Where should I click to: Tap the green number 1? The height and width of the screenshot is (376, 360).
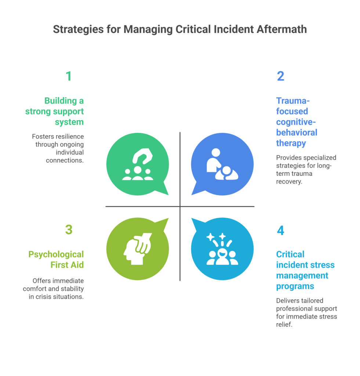pyautogui.click(x=69, y=76)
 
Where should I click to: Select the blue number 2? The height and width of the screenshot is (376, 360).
pyautogui.click(x=280, y=76)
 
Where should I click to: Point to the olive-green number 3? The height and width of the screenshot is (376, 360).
pyautogui.click(x=69, y=230)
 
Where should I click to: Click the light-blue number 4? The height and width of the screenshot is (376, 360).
pyautogui.click(x=280, y=231)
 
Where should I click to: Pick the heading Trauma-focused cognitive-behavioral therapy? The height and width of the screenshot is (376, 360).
pyautogui.click(x=297, y=122)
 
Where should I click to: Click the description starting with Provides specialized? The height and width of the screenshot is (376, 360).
pyautogui.click(x=306, y=170)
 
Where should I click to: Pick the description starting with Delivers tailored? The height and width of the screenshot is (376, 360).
pyautogui.click(x=306, y=312)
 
